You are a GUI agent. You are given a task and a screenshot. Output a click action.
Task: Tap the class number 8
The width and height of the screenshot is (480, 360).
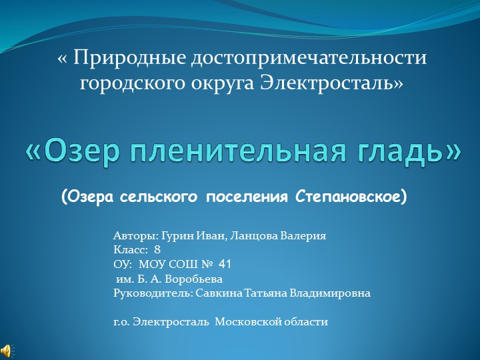[157, 249]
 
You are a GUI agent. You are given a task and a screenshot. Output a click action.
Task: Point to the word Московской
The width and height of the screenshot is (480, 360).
[247, 322]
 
